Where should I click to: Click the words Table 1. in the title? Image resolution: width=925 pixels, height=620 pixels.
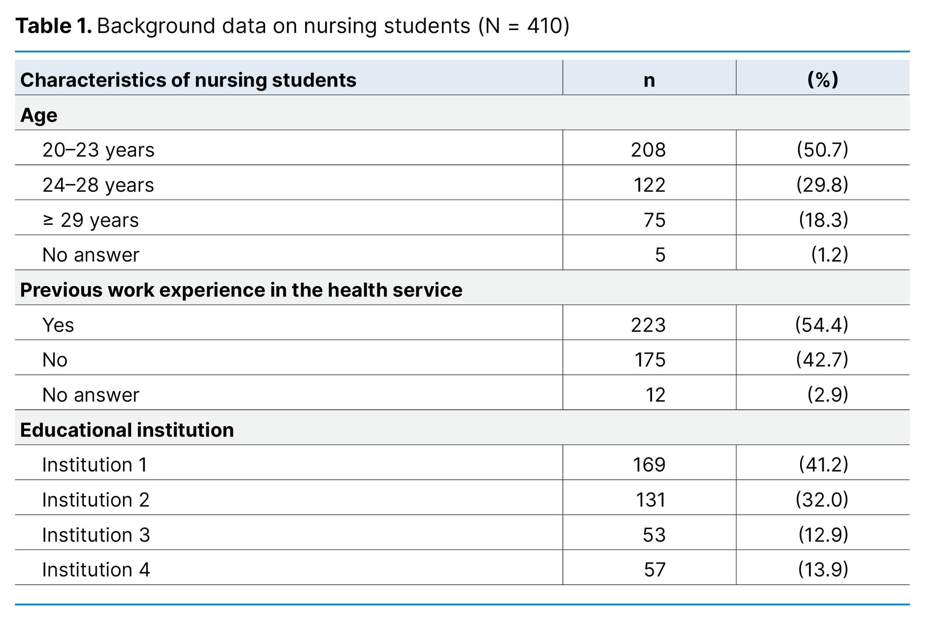[53, 26]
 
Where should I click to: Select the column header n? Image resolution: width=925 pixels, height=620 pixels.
[649, 80]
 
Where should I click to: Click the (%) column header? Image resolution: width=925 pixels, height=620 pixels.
[822, 80]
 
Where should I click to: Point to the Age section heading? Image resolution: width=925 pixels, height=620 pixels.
[39, 115]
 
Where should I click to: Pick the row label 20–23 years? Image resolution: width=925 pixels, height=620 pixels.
[98, 150]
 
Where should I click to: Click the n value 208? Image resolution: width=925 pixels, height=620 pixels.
[648, 150]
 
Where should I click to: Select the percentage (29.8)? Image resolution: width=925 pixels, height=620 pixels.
[822, 185]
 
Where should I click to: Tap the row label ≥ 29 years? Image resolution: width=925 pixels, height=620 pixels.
[91, 220]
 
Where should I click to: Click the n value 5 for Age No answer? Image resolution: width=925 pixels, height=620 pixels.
[660, 255]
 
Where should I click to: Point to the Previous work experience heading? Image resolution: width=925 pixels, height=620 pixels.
[241, 290]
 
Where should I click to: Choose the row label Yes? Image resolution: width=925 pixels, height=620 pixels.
[58, 325]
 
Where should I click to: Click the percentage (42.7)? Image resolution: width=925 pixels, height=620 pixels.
[822, 360]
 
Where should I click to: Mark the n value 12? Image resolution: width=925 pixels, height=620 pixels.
[655, 395]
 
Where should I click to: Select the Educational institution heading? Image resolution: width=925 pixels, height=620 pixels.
[127, 430]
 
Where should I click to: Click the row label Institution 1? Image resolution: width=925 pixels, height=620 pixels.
[94, 465]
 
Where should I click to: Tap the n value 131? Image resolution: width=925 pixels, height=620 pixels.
[650, 500]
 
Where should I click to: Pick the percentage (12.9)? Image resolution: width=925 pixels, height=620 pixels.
[823, 535]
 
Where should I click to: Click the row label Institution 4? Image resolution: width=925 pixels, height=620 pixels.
[96, 570]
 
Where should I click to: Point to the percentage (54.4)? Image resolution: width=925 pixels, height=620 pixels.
[821, 325]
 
